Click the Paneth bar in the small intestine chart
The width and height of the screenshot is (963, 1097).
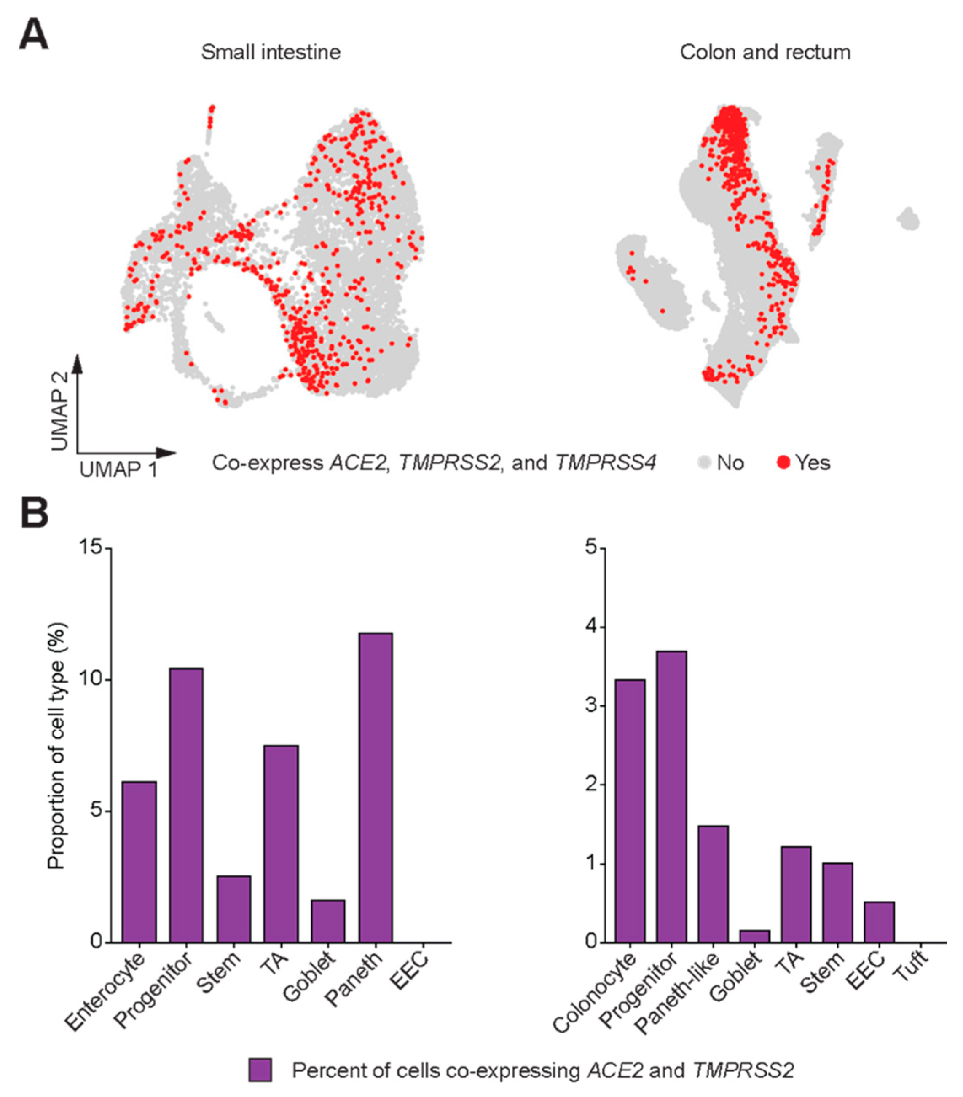click(x=376, y=789)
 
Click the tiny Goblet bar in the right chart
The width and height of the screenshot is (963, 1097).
click(x=755, y=937)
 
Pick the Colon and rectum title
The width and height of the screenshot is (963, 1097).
click(x=765, y=53)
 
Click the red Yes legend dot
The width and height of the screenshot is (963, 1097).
click(x=783, y=462)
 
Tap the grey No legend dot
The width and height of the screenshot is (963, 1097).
click(x=704, y=462)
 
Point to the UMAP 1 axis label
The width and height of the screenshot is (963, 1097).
click(x=118, y=470)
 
